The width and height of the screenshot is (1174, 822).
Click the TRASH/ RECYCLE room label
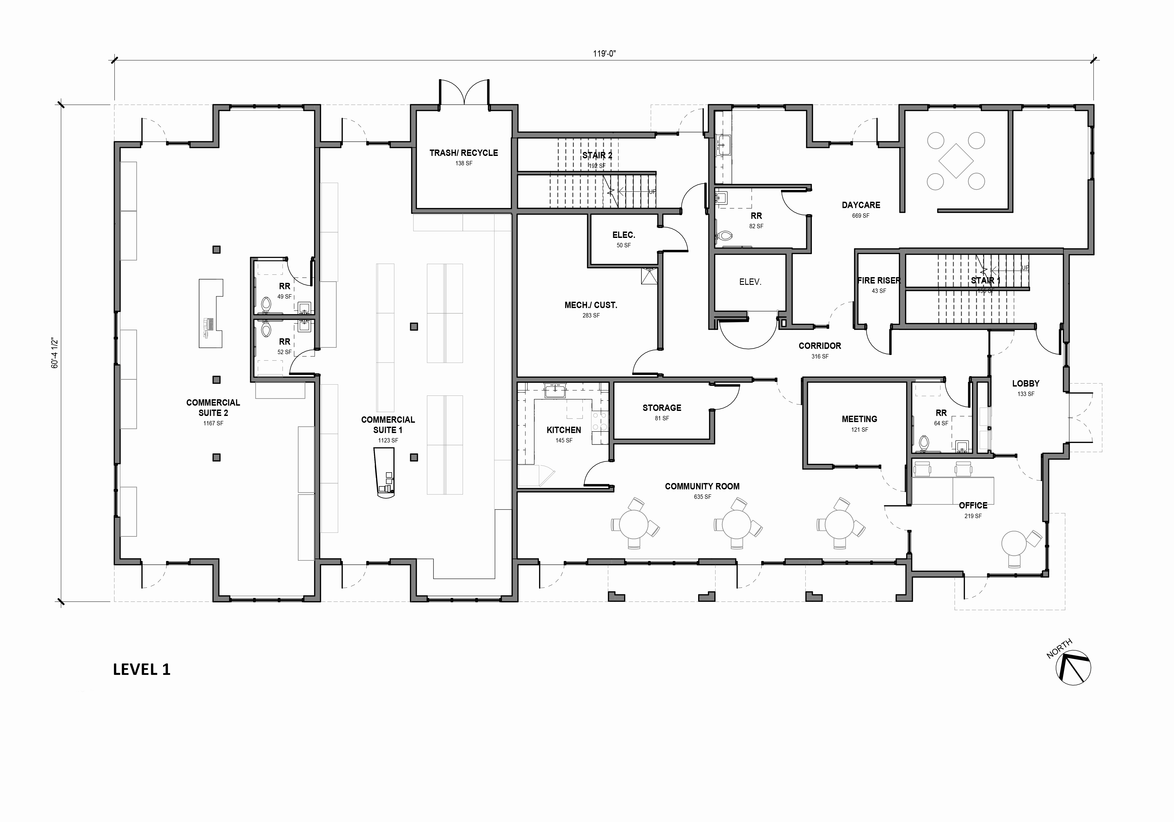point(463,153)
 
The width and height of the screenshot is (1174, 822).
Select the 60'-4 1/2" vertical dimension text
point(55,353)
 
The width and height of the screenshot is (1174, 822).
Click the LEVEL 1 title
point(142,670)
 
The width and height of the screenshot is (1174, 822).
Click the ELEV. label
point(750,282)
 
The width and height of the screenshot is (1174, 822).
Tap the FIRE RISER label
point(879,280)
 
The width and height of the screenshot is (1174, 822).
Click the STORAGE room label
point(662,408)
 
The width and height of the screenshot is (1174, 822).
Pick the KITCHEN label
point(564,430)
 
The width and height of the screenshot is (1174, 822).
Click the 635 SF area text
point(702,497)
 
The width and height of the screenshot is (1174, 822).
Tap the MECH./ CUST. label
point(591,305)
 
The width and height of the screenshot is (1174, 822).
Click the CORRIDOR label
point(820,346)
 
